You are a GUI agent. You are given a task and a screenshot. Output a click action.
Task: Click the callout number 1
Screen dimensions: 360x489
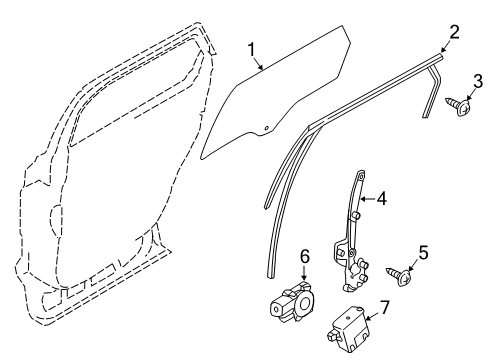coord(253,47)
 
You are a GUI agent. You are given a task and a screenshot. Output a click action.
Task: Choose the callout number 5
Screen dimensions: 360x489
coord(423,280)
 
